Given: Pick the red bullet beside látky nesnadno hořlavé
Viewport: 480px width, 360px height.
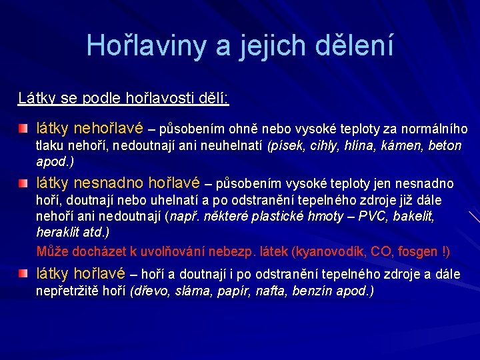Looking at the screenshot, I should click(23, 183).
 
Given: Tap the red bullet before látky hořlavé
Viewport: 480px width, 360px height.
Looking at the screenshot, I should click(23, 274).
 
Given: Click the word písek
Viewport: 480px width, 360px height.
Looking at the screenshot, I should click(283, 145).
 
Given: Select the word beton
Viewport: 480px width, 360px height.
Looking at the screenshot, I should click(445, 145).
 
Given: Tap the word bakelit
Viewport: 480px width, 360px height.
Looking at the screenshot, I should click(414, 216).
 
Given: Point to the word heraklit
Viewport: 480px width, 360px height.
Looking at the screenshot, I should click(57, 232).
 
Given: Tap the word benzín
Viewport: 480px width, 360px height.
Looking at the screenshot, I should click(316, 291).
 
